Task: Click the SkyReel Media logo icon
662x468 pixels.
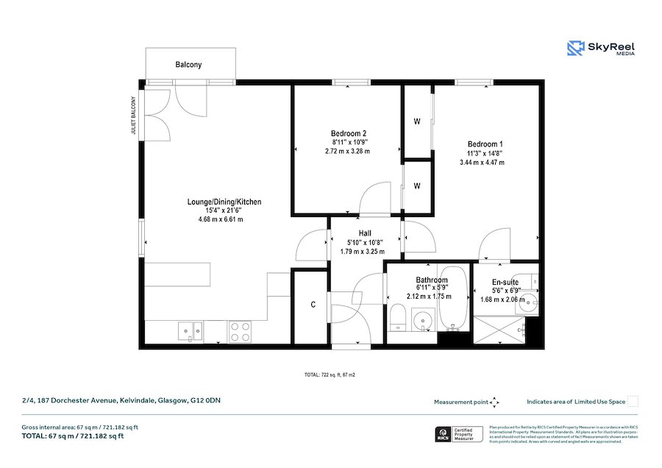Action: (x=575, y=49)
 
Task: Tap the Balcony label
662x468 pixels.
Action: (x=188, y=65)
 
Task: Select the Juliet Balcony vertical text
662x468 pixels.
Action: (x=134, y=116)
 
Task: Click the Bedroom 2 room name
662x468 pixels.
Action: (x=347, y=133)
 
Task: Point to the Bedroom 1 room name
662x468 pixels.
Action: (x=485, y=143)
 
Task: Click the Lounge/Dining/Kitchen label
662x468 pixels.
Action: (x=224, y=202)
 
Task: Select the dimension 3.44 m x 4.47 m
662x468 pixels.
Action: (x=485, y=162)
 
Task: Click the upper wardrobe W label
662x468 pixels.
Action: (x=416, y=122)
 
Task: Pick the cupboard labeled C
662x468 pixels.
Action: (x=313, y=305)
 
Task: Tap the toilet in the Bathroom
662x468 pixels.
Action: (x=397, y=319)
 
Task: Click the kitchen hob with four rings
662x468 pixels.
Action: (x=241, y=331)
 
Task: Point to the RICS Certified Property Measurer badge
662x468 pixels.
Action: (x=460, y=434)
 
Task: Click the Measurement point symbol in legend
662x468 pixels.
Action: (x=495, y=402)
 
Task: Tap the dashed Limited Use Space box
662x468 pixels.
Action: (x=633, y=402)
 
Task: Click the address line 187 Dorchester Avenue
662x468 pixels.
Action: (x=121, y=401)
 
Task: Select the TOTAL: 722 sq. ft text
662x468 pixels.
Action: (x=330, y=375)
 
